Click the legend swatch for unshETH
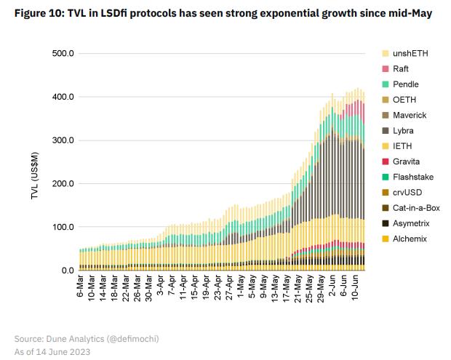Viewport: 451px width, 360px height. [386, 54]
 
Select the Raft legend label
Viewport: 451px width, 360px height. [402, 69]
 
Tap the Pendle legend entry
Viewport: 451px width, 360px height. [405, 84]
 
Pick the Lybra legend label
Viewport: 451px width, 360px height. [404, 131]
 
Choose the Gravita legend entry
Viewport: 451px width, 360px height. [407, 161]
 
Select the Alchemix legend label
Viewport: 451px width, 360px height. [410, 239]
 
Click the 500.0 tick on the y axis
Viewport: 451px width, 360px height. [63, 54]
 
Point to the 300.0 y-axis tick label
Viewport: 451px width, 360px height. [63, 140]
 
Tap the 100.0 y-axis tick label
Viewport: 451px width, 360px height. [63, 227]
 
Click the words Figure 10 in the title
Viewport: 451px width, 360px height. [37, 13]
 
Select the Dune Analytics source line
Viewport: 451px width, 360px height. [87, 338]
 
